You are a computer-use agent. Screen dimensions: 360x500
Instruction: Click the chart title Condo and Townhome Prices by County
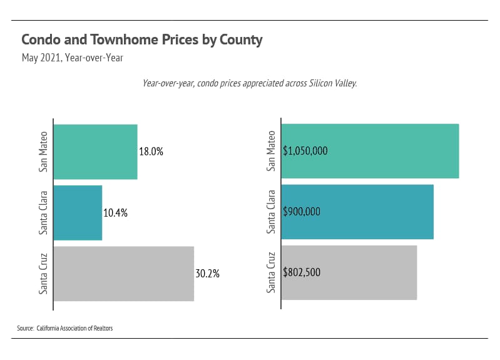pos(141,39)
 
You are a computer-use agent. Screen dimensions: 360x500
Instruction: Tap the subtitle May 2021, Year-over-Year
pos(72,58)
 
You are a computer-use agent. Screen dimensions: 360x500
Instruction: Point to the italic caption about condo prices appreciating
pos(249,83)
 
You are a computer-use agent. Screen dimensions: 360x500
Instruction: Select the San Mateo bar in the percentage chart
pos(95,152)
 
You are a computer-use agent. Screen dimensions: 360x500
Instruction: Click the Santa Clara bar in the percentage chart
pos(78,212)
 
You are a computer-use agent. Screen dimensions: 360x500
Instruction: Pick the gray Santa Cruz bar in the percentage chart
pos(123,273)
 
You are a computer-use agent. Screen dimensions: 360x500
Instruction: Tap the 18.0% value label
pos(151,152)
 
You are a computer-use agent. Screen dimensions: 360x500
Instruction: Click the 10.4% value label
pos(115,212)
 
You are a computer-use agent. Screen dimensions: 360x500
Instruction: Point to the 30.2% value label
pos(207,274)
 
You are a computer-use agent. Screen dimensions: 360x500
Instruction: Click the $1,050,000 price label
pos(305,151)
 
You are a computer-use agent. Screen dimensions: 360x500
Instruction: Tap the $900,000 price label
pos(302,212)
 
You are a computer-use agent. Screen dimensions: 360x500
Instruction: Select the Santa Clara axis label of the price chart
pos(271,212)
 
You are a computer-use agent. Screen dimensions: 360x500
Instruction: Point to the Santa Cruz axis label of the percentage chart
pos(43,273)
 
